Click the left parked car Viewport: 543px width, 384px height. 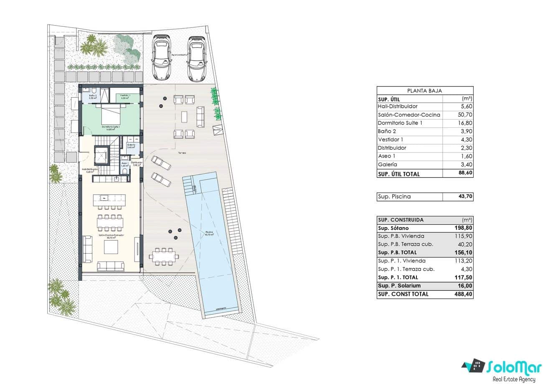pyautogui.click(x=161, y=57)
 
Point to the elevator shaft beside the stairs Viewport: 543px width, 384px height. pyautogui.click(x=101, y=155)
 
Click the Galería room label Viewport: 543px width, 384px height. pyautogui.click(x=131, y=146)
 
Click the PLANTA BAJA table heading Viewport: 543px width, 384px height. pyautogui.click(x=425, y=90)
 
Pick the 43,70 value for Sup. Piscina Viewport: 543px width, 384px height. pyautogui.click(x=464, y=196)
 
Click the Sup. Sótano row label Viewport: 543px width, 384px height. pyautogui.click(x=393, y=228)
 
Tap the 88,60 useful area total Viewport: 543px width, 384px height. pyautogui.click(x=464, y=174)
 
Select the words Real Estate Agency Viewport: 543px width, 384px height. pyautogui.click(x=514, y=379)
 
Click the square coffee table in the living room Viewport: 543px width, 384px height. pyautogui.click(x=111, y=247)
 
